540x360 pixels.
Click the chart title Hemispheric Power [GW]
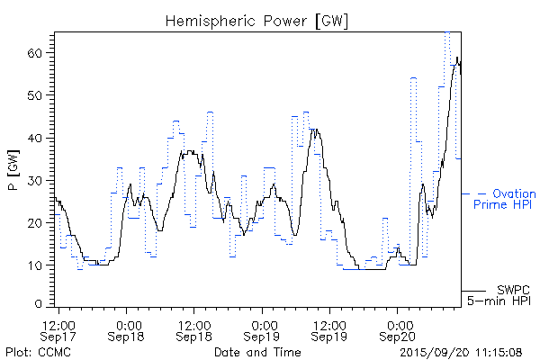[257, 19]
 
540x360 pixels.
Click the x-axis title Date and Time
[257, 352]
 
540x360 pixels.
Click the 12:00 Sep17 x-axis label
[59, 328]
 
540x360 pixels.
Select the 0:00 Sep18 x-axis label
[127, 328]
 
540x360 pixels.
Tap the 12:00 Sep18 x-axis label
[194, 328]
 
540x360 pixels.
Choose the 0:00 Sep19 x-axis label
[262, 328]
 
